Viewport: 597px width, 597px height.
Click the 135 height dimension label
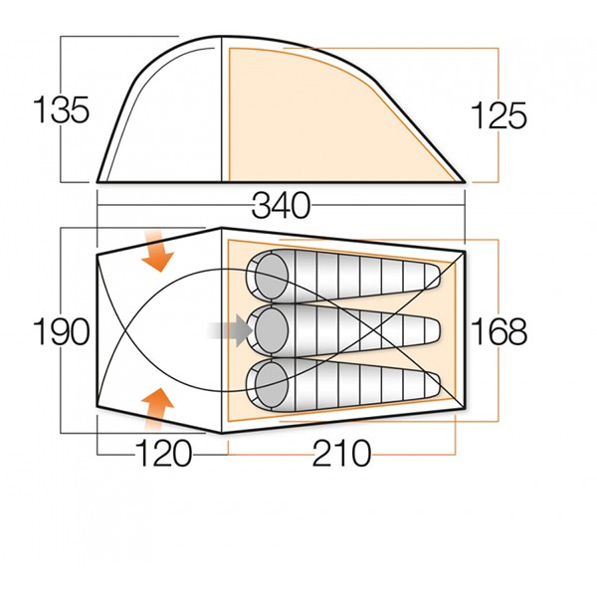62,109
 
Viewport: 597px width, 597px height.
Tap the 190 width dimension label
62,331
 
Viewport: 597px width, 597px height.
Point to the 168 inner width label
499,331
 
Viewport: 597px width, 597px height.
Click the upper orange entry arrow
156,251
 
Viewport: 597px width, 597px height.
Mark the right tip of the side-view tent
465,181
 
